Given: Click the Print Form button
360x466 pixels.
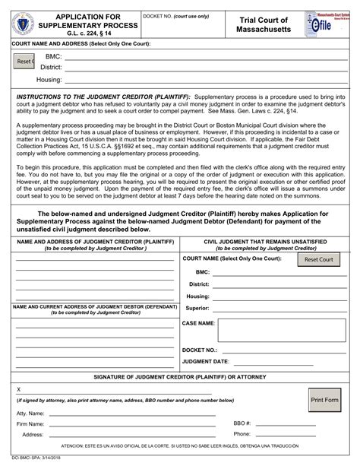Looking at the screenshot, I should point(324,400).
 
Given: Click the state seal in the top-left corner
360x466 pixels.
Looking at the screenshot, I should point(25,25).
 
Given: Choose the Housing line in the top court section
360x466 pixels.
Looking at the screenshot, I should point(206,79).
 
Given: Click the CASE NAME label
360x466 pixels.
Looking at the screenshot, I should point(198,323).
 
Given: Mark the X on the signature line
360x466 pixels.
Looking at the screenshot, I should point(18,388).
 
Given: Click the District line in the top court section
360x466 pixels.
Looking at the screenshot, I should point(206,68).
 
